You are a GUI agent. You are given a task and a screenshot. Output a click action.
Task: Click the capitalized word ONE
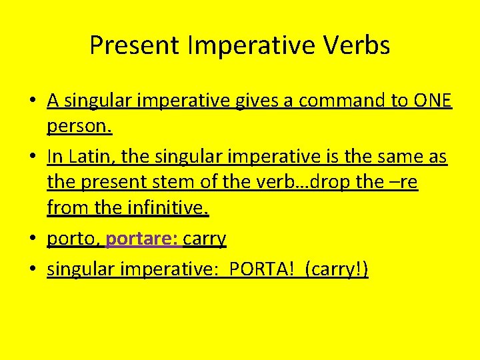pos(433,101)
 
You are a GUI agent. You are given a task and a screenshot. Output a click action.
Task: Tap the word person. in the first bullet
pos(76,127)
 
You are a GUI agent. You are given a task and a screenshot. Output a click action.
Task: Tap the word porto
pos(73,239)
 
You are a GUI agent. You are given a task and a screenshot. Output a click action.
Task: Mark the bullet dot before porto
pos(33,239)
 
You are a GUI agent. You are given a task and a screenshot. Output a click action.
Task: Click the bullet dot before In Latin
pos(33,157)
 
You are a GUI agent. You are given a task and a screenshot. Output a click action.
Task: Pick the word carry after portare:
pos(204,239)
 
